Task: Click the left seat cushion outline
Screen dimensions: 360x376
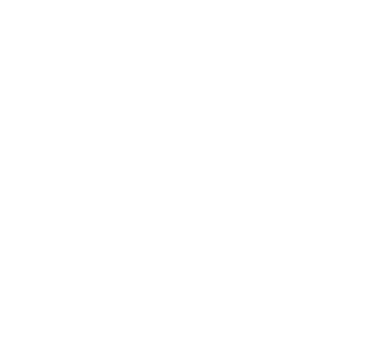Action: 41,242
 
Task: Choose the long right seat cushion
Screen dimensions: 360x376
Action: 276,242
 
